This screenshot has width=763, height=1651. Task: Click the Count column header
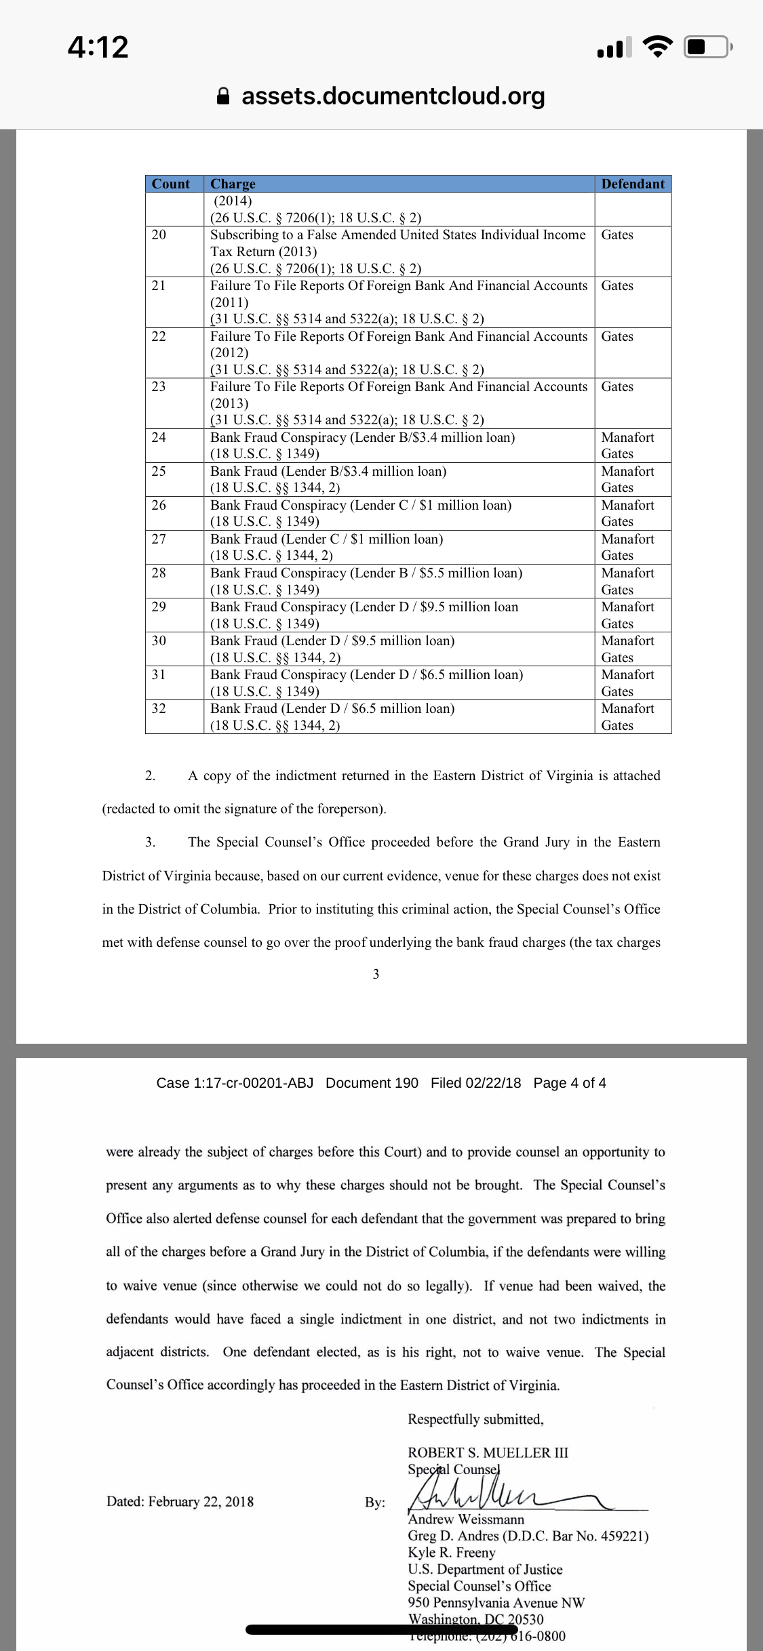[x=171, y=184]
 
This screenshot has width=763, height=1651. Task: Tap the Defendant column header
[x=633, y=184]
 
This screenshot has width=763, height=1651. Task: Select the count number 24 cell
[x=159, y=437]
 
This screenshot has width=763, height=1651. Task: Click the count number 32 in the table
[x=159, y=708]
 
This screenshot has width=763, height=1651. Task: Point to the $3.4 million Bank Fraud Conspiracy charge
[x=362, y=437]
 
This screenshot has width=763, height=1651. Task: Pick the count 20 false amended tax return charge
[x=397, y=243]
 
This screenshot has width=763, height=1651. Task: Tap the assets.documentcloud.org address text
[x=393, y=96]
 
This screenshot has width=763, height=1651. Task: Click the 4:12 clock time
[x=98, y=47]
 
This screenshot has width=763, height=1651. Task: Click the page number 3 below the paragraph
[x=376, y=974]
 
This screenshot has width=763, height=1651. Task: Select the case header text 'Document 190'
[x=372, y=1082]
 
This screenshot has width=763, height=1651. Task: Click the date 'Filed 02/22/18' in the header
[x=475, y=1082]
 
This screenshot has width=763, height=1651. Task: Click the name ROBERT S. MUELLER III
[x=488, y=1452]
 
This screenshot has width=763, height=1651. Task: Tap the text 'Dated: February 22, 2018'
[x=180, y=1501]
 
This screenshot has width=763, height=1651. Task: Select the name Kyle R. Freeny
[x=451, y=1553]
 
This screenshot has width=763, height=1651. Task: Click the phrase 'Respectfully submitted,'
[x=475, y=1419]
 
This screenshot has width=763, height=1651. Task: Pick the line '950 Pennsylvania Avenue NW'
[x=496, y=1603]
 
